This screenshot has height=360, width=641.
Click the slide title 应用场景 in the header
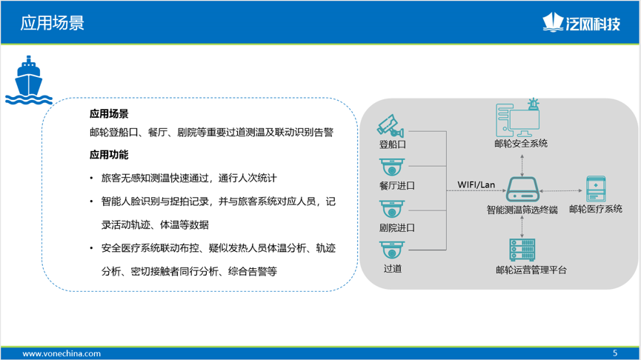tap(53, 23)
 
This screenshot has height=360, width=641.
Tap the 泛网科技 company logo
tap(581, 22)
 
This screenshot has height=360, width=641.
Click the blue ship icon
tap(28, 80)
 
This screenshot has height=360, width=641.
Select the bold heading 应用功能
tap(109, 155)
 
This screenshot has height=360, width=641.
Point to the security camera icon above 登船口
tap(391, 125)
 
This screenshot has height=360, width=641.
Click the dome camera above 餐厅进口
tap(391, 167)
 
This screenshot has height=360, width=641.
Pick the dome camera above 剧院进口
tap(391, 209)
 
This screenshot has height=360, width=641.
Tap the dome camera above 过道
tap(391, 250)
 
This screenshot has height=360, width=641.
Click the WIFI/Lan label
tap(476, 184)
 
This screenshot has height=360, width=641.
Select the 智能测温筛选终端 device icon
tap(523, 189)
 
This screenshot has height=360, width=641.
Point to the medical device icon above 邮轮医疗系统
tap(596, 189)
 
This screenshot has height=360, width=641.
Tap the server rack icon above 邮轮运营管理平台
tap(522, 250)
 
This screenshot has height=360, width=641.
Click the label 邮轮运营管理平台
tap(531, 270)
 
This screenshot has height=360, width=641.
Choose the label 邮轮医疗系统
tap(596, 209)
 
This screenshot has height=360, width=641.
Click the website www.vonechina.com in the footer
tap(62, 353)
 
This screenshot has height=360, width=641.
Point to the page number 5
tap(615, 353)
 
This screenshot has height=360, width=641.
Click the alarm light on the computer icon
tap(533, 104)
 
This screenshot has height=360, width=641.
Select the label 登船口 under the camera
tap(393, 144)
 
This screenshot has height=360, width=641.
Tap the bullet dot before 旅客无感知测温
tap(92, 179)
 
